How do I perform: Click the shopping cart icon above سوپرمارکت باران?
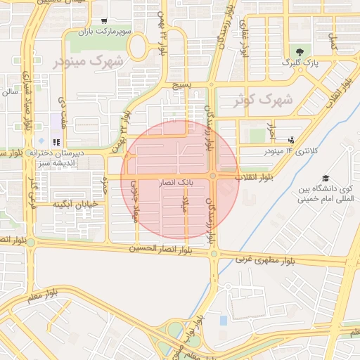click(x=105, y=22)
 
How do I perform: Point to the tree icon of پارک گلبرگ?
click(x=300, y=51)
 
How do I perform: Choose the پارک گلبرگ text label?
click(x=300, y=63)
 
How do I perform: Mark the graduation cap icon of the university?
click(x=325, y=179)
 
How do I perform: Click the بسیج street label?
click(x=181, y=84)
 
